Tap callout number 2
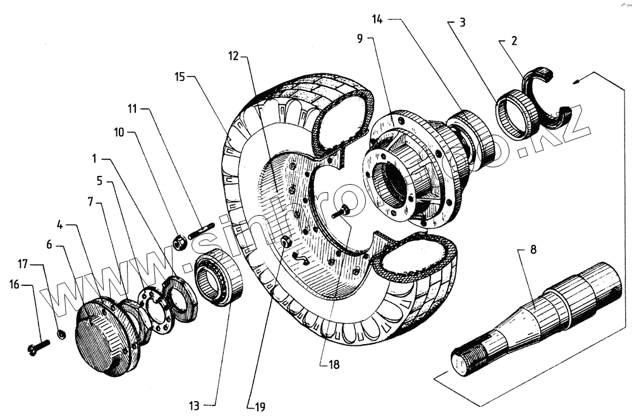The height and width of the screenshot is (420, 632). (x=514, y=42)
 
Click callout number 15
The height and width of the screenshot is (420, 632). (x=181, y=77)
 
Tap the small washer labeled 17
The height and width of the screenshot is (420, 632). (x=61, y=333)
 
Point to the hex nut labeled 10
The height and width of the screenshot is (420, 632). (x=179, y=242)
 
